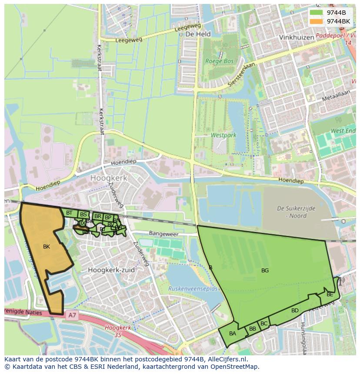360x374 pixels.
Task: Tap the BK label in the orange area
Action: pyautogui.click(x=47, y=247)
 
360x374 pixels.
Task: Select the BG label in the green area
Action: pyautogui.click(x=265, y=271)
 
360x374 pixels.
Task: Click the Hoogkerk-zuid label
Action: pyautogui.click(x=111, y=270)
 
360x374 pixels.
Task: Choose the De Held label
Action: pyautogui.click(x=198, y=34)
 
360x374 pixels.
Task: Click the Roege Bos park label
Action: pyautogui.click(x=220, y=61)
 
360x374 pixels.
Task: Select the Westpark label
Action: pyautogui.click(x=223, y=135)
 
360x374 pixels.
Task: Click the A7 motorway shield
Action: pyautogui.click(x=72, y=315)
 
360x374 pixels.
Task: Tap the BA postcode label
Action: pyautogui.click(x=233, y=334)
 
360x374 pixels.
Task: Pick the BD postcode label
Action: pyautogui.click(x=295, y=311)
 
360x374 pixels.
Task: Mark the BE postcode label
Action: pyautogui.click(x=330, y=295)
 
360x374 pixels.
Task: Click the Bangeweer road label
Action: pyautogui.click(x=164, y=234)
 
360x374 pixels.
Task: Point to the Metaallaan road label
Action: pyautogui.click(x=336, y=96)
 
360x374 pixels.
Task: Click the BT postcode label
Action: pyautogui.click(x=69, y=213)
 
